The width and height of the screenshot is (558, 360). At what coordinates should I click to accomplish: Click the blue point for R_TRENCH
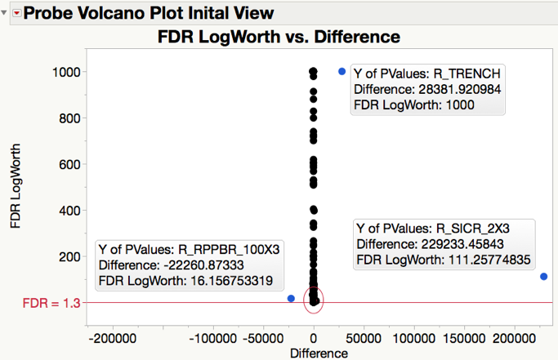[x=341, y=72]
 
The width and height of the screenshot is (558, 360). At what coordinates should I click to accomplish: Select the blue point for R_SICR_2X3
[x=544, y=277]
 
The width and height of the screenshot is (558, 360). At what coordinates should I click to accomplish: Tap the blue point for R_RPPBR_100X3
[x=292, y=299]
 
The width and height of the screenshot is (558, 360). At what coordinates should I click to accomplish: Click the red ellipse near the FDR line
[x=314, y=300]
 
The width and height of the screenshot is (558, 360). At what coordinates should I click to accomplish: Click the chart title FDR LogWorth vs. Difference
[x=278, y=38]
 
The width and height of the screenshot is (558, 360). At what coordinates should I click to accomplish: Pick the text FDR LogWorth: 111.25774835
[x=444, y=260]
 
